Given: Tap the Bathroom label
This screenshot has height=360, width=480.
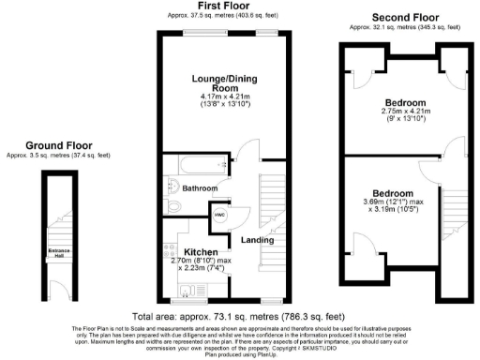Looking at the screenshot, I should pos(200,188).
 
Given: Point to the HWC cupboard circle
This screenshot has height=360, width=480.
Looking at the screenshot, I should pos(219,213).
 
